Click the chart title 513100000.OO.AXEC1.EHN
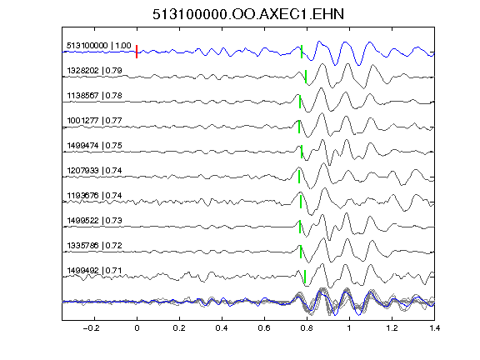(248, 14)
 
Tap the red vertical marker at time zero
(137, 52)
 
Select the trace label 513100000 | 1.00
(98, 46)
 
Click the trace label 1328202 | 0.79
(94, 71)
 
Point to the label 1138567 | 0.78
(94, 96)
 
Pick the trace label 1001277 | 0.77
(94, 121)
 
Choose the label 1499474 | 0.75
(94, 145)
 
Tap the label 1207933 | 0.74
(94, 171)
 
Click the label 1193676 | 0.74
(94, 196)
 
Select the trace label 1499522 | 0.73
(94, 221)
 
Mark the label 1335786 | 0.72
(94, 246)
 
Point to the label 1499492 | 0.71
(94, 271)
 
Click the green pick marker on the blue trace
(302, 52)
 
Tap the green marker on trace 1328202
(306, 77)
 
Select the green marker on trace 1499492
(305, 277)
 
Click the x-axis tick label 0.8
(307, 328)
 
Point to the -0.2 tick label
(91, 328)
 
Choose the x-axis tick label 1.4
(434, 328)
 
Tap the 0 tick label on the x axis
(137, 328)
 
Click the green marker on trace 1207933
(299, 177)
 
